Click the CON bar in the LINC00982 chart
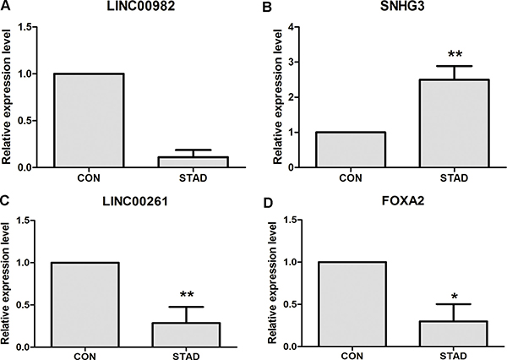click(x=90, y=120)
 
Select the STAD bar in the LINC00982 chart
click(x=190, y=162)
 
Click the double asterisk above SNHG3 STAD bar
click(x=455, y=53)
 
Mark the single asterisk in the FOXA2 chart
click(x=455, y=296)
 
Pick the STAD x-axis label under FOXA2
click(x=455, y=354)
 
